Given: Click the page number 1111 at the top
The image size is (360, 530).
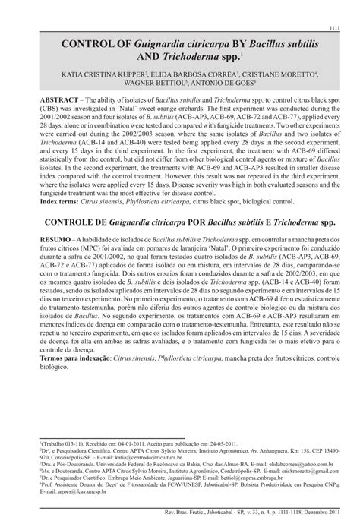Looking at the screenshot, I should [x=333, y=28].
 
